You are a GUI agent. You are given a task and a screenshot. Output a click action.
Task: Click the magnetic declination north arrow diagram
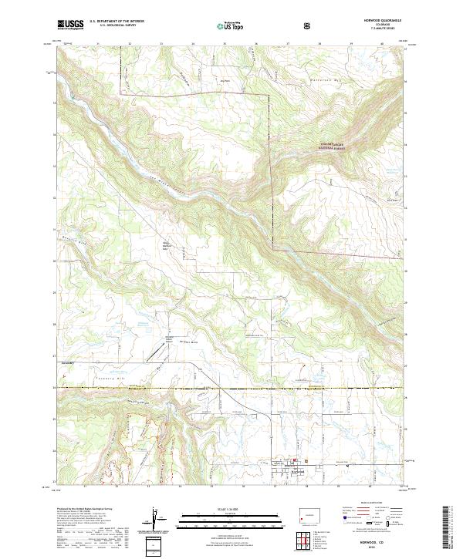click(x=157, y=518)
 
